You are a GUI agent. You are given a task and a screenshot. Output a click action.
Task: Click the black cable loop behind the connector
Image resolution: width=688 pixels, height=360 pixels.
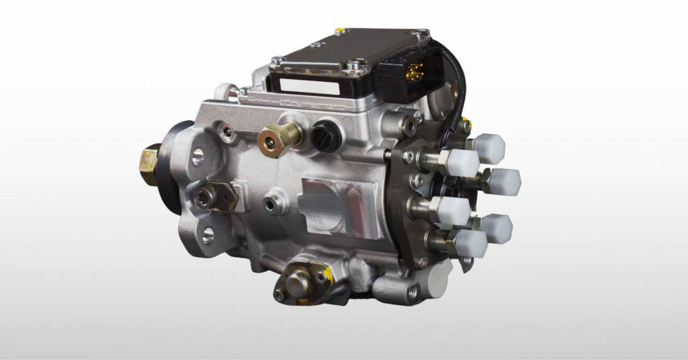tap(456, 81)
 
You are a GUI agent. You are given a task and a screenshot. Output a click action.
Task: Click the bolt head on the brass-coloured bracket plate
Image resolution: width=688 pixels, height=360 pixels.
tap(204, 196)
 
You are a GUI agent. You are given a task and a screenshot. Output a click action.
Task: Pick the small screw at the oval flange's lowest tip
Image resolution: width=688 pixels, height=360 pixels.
tap(279, 295)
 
